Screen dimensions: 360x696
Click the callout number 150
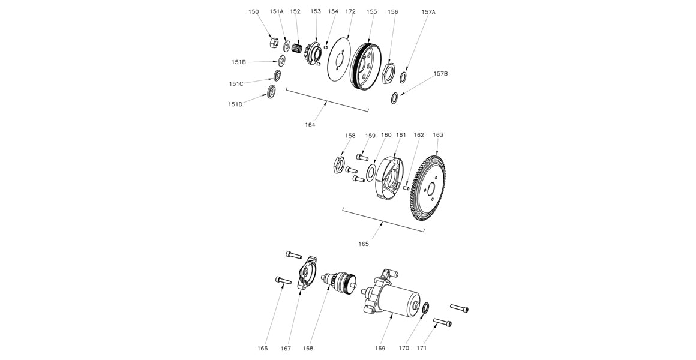point(254,11)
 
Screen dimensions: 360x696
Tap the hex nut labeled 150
point(271,43)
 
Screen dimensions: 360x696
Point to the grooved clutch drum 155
point(365,65)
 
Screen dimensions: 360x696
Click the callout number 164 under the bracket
point(310,125)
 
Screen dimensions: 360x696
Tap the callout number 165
point(364,244)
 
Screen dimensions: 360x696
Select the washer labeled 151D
point(271,92)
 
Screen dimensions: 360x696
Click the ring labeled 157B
point(395,97)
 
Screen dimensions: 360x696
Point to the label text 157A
point(428,12)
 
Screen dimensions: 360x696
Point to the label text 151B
point(238,62)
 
